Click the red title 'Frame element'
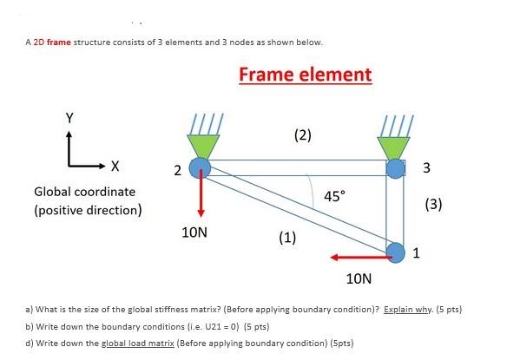click(x=305, y=75)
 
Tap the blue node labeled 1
click(x=396, y=252)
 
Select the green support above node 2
click(x=201, y=144)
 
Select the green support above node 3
click(x=395, y=145)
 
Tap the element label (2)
click(x=302, y=134)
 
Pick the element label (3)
click(x=435, y=205)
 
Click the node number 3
click(x=425, y=168)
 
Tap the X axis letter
click(x=115, y=165)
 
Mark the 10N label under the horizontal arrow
click(x=359, y=279)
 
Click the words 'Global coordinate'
click(x=84, y=191)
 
